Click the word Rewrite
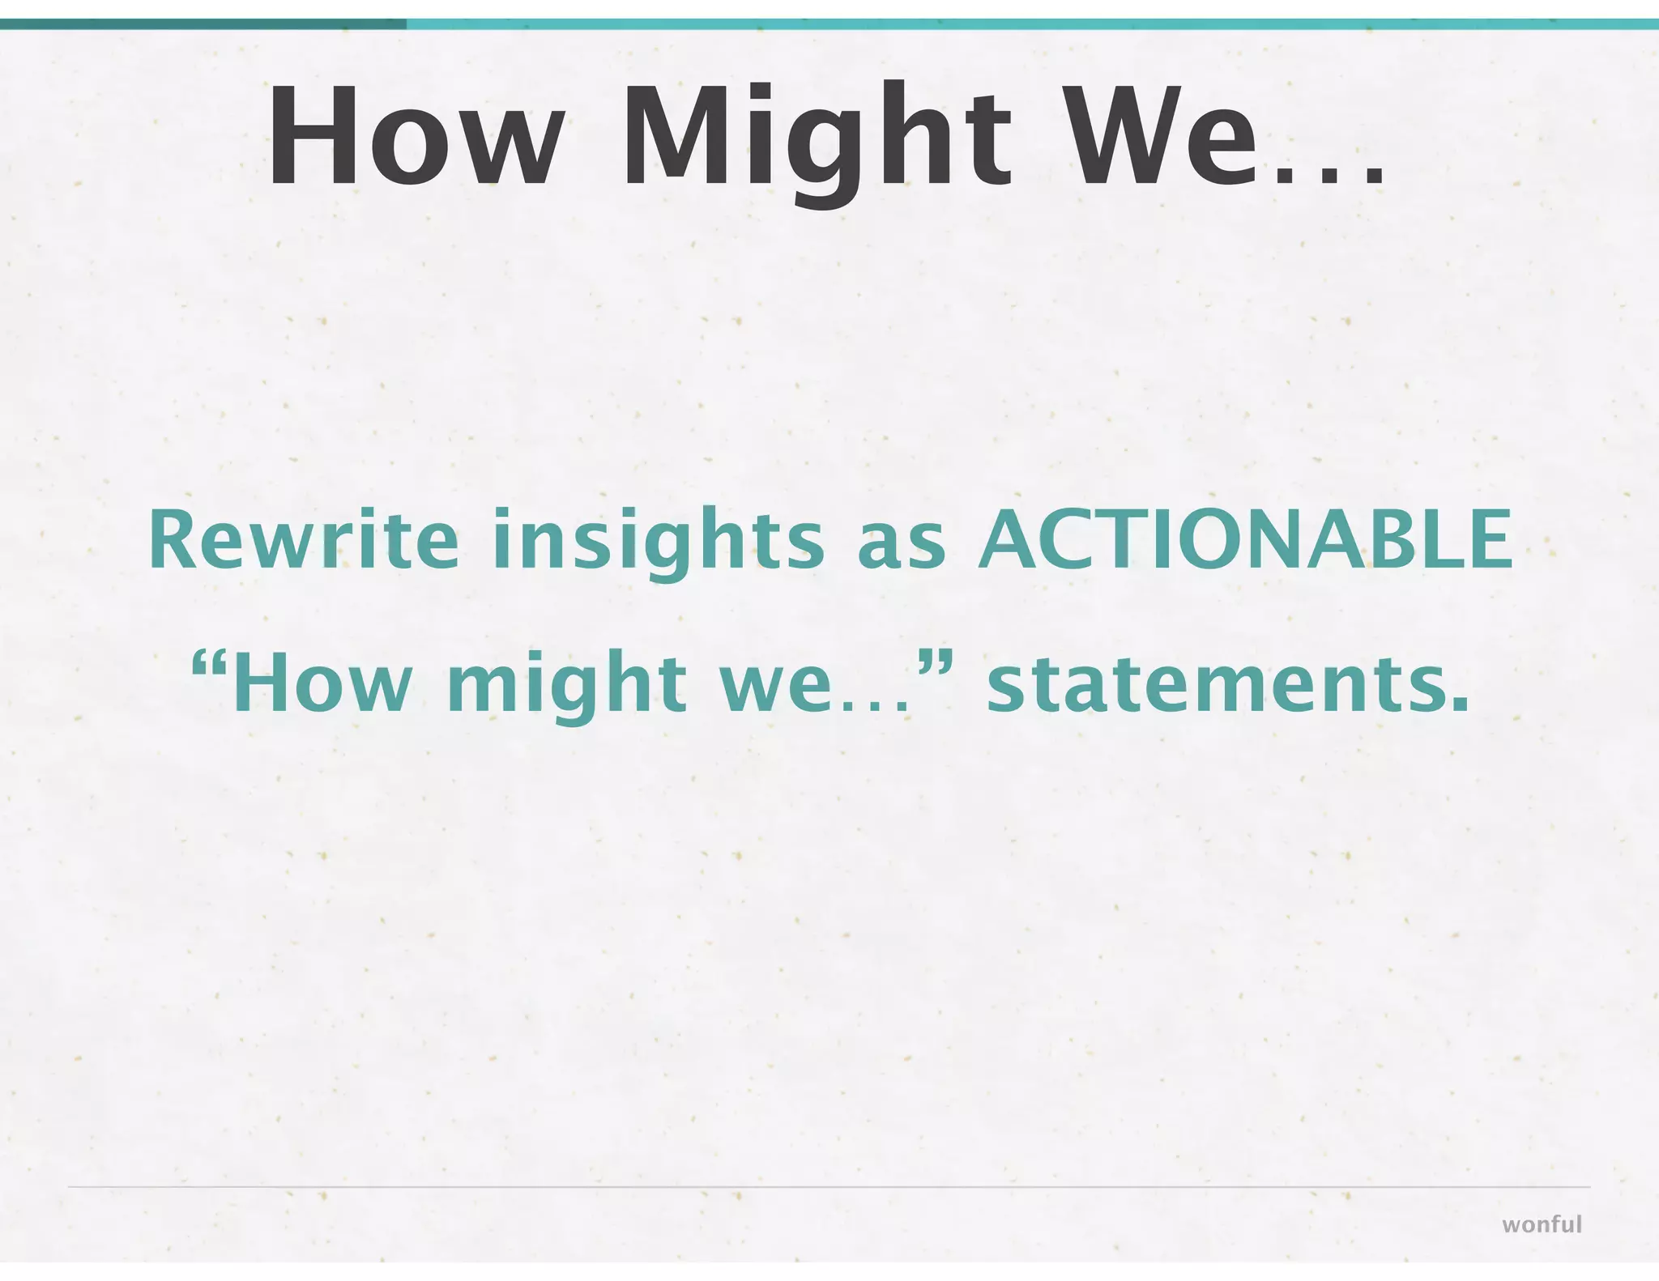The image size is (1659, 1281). click(303, 539)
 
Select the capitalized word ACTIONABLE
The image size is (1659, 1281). click(1244, 539)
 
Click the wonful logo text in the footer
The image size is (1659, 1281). click(1541, 1224)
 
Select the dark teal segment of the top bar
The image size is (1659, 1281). click(203, 24)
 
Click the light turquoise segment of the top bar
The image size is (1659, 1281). click(1029, 24)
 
